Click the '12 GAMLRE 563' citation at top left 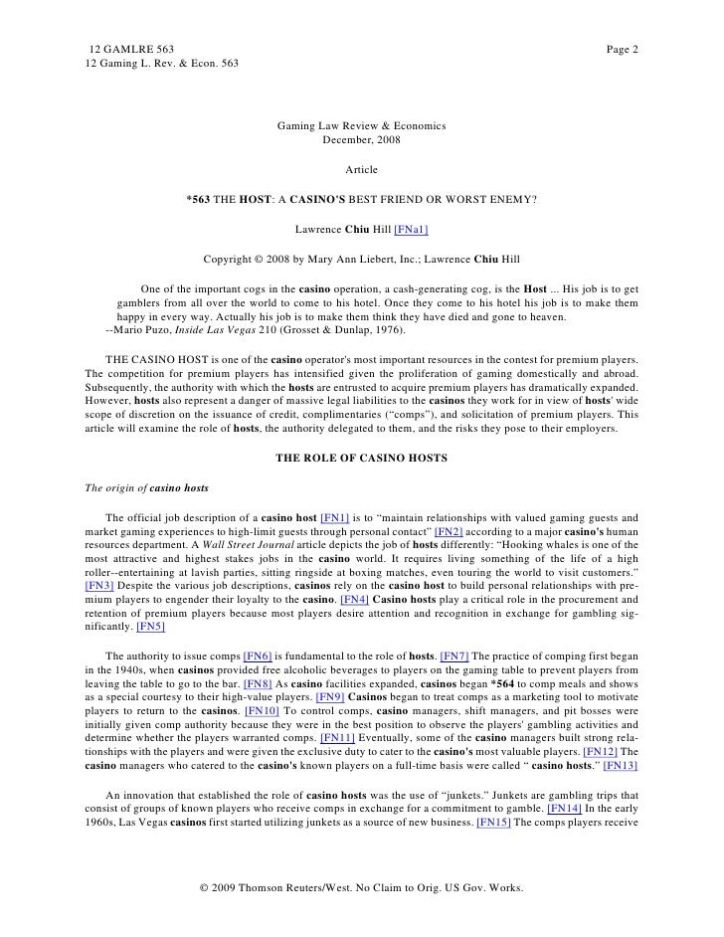click(x=131, y=50)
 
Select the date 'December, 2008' click(x=361, y=140)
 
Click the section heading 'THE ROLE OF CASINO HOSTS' click(x=361, y=458)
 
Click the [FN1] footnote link click(x=335, y=517)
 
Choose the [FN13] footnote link click(x=619, y=766)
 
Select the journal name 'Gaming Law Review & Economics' click(x=361, y=126)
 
